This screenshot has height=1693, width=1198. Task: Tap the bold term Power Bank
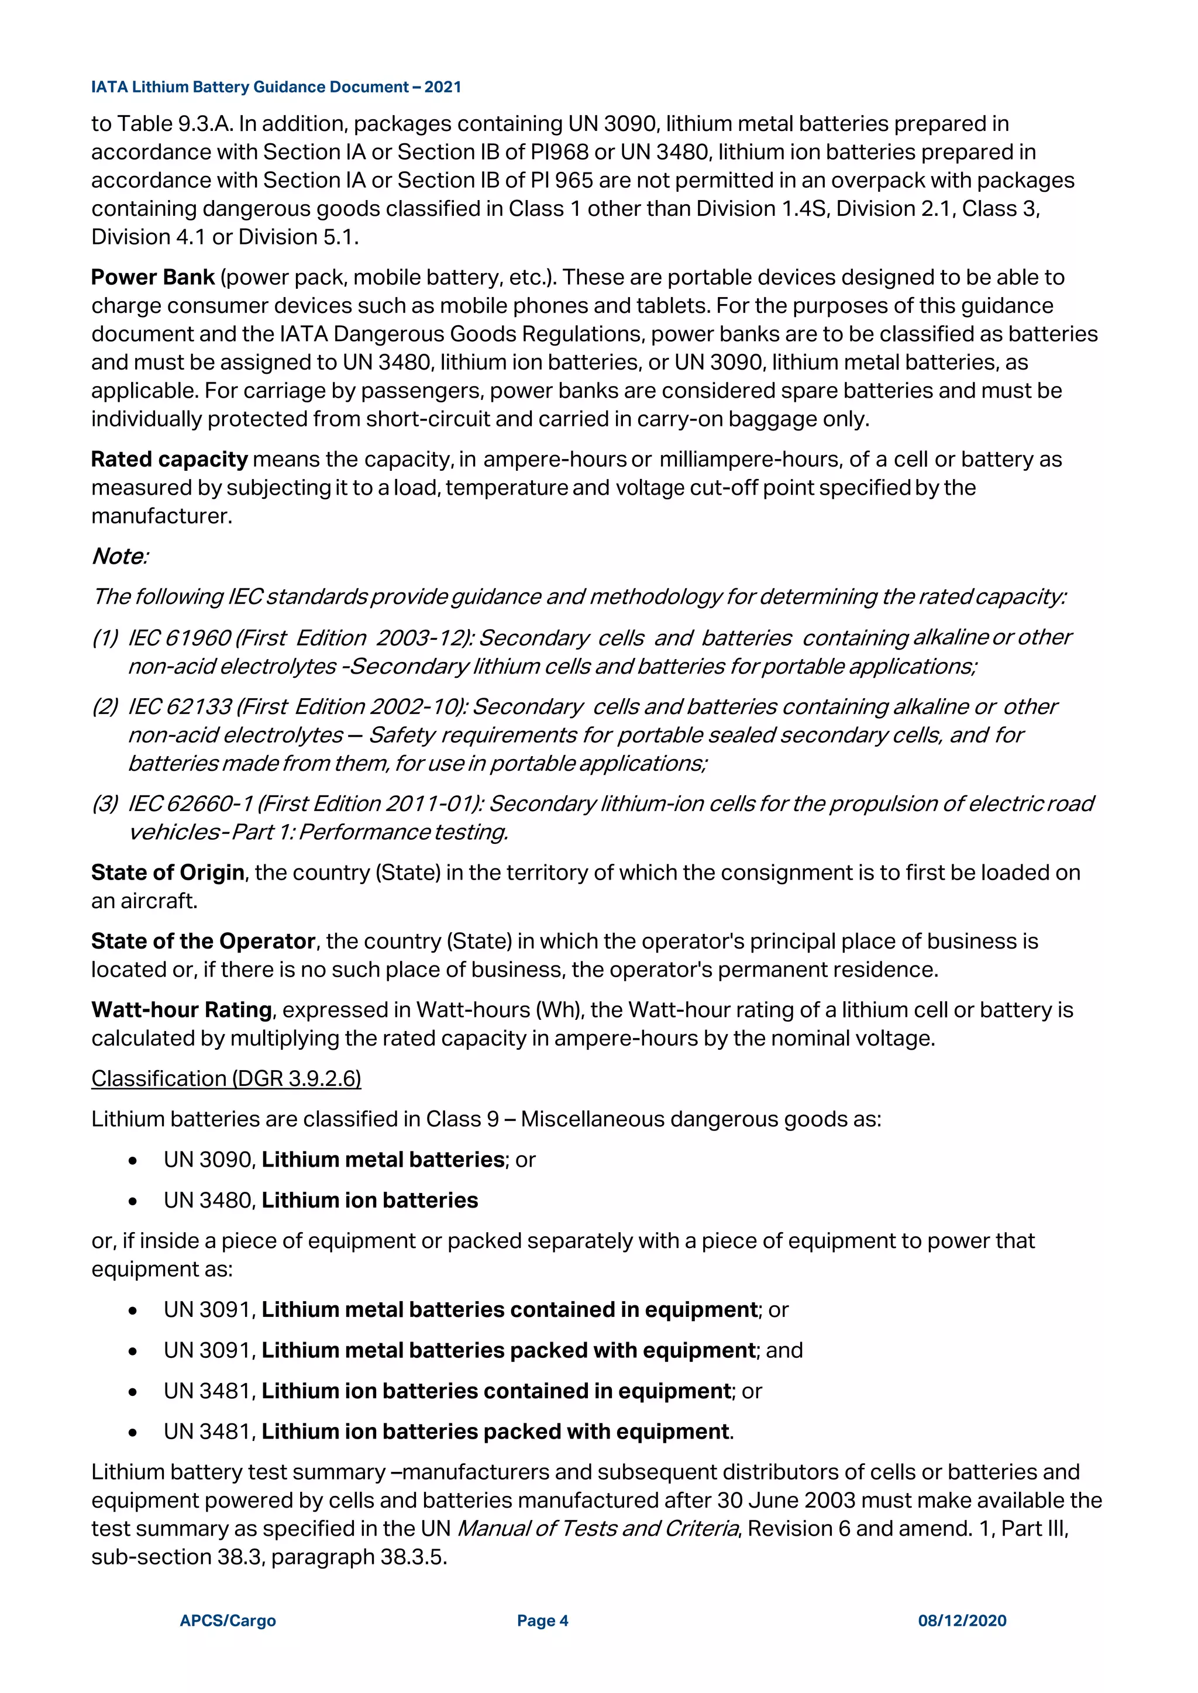point(153,277)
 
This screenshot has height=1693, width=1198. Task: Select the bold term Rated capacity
point(169,460)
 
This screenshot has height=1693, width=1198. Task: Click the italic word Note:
point(119,557)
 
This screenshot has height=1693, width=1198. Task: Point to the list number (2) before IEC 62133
point(105,706)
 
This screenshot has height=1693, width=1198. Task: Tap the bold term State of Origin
point(167,873)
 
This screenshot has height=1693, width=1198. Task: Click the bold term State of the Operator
point(203,942)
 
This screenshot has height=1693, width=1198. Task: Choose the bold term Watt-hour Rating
point(181,1010)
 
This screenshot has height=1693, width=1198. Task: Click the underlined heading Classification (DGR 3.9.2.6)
point(226,1079)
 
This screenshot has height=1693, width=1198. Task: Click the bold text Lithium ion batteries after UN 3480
point(370,1201)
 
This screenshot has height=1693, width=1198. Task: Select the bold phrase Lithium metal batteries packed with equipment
point(509,1350)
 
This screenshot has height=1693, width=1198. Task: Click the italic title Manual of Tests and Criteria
point(597,1529)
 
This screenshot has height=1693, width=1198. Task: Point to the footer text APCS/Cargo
point(228,1620)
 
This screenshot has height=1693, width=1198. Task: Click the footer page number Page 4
point(542,1620)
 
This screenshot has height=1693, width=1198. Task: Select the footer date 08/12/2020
point(962,1620)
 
